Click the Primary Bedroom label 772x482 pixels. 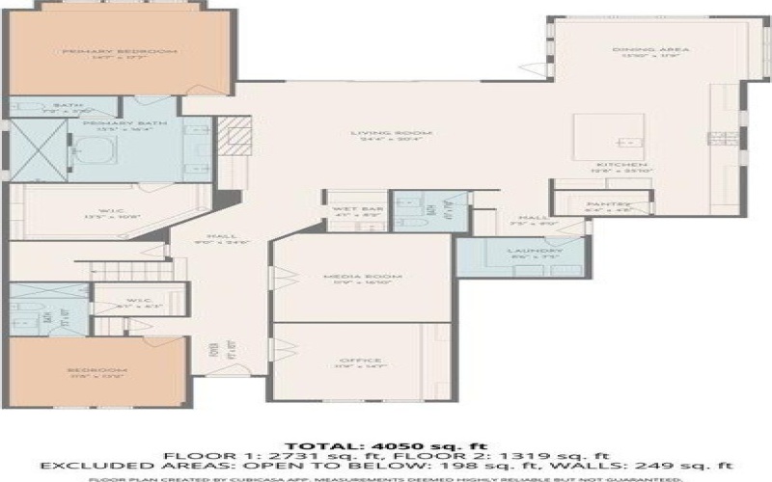point(105,51)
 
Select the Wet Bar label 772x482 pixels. point(346,209)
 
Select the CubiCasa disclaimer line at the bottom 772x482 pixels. point(386,477)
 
